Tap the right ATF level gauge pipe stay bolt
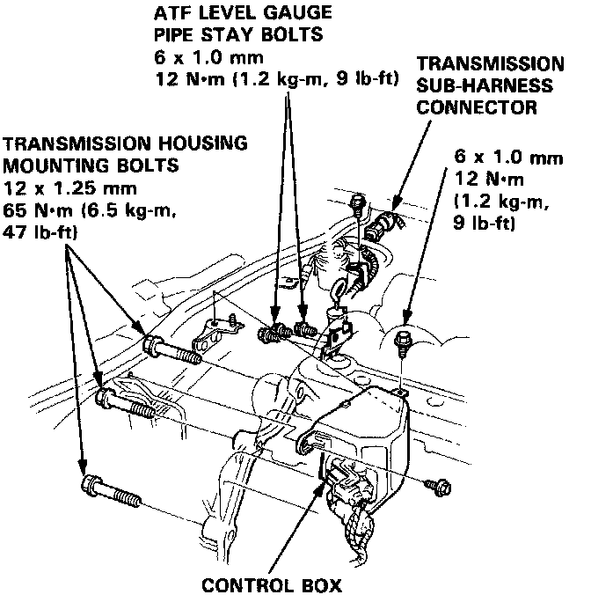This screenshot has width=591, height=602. (304, 329)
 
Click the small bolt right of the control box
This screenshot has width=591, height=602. (436, 484)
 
